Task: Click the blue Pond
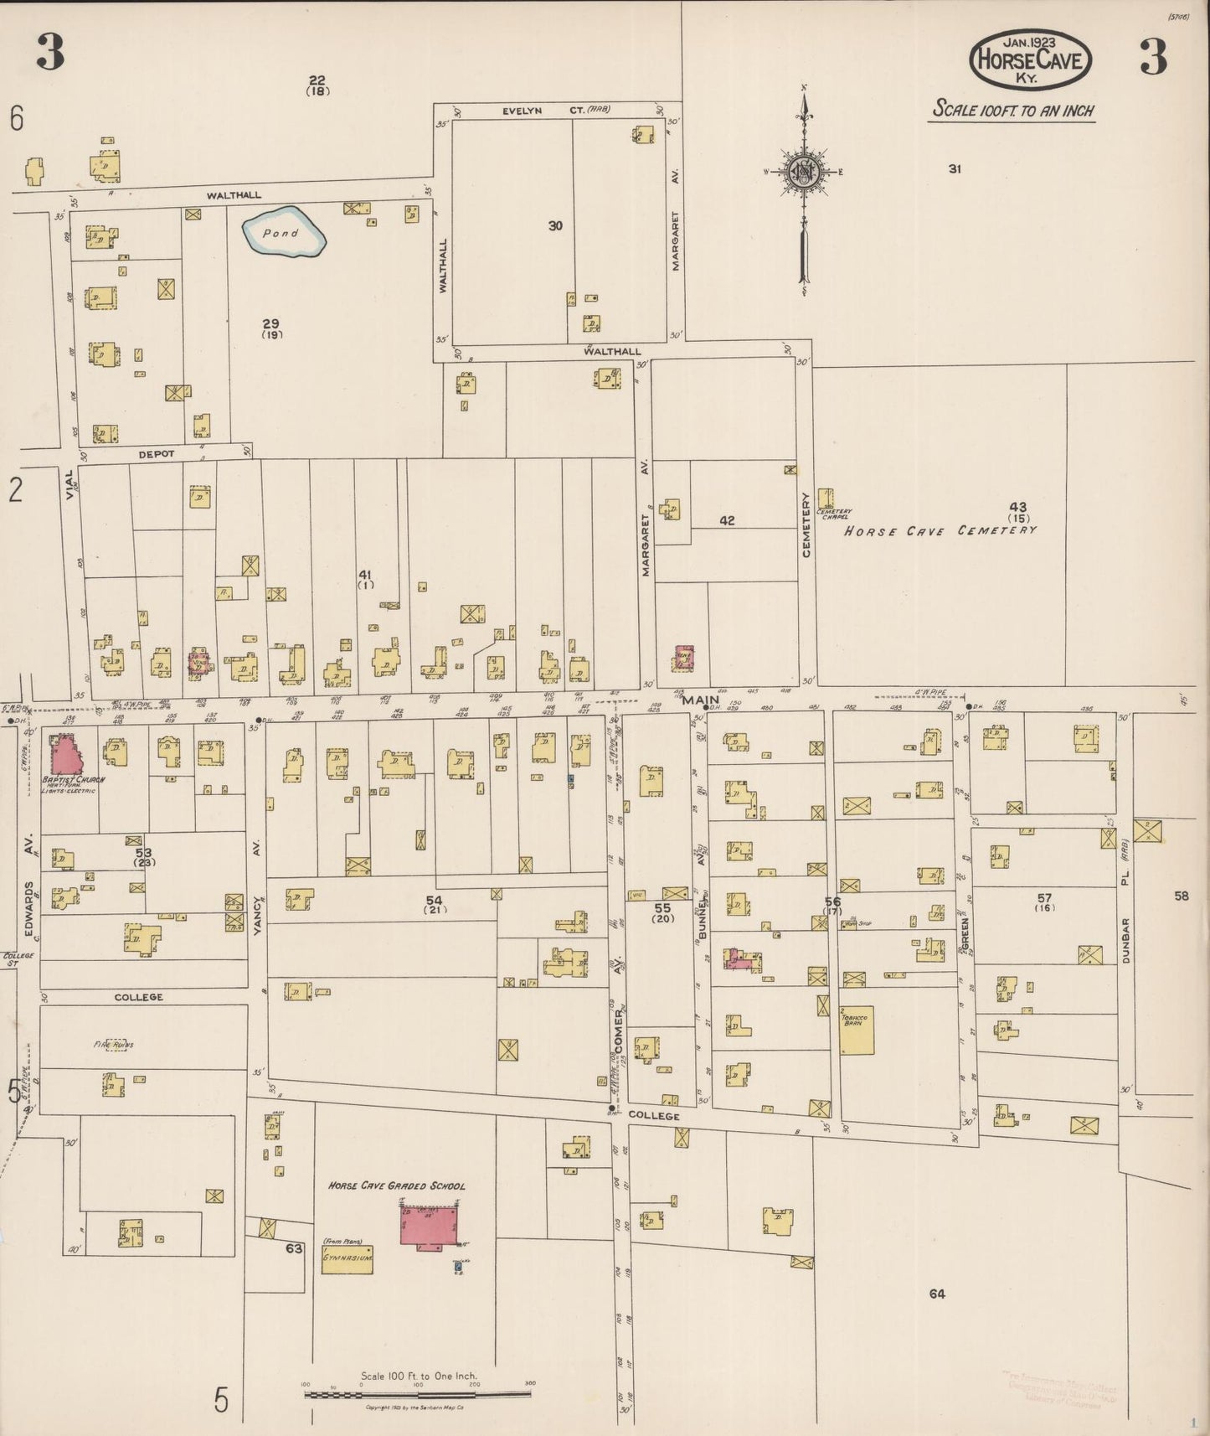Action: coord(283,232)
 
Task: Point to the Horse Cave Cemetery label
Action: coord(940,530)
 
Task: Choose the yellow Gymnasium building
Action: coord(348,1259)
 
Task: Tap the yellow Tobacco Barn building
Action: coord(857,1031)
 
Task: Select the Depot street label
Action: coord(156,454)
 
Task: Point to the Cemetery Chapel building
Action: coord(826,499)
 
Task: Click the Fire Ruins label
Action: coord(113,1045)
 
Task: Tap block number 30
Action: coord(555,225)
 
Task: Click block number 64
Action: coord(937,1294)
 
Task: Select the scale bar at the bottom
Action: coord(417,1394)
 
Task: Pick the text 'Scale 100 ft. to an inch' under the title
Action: coord(1013,111)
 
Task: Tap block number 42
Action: coord(727,520)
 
